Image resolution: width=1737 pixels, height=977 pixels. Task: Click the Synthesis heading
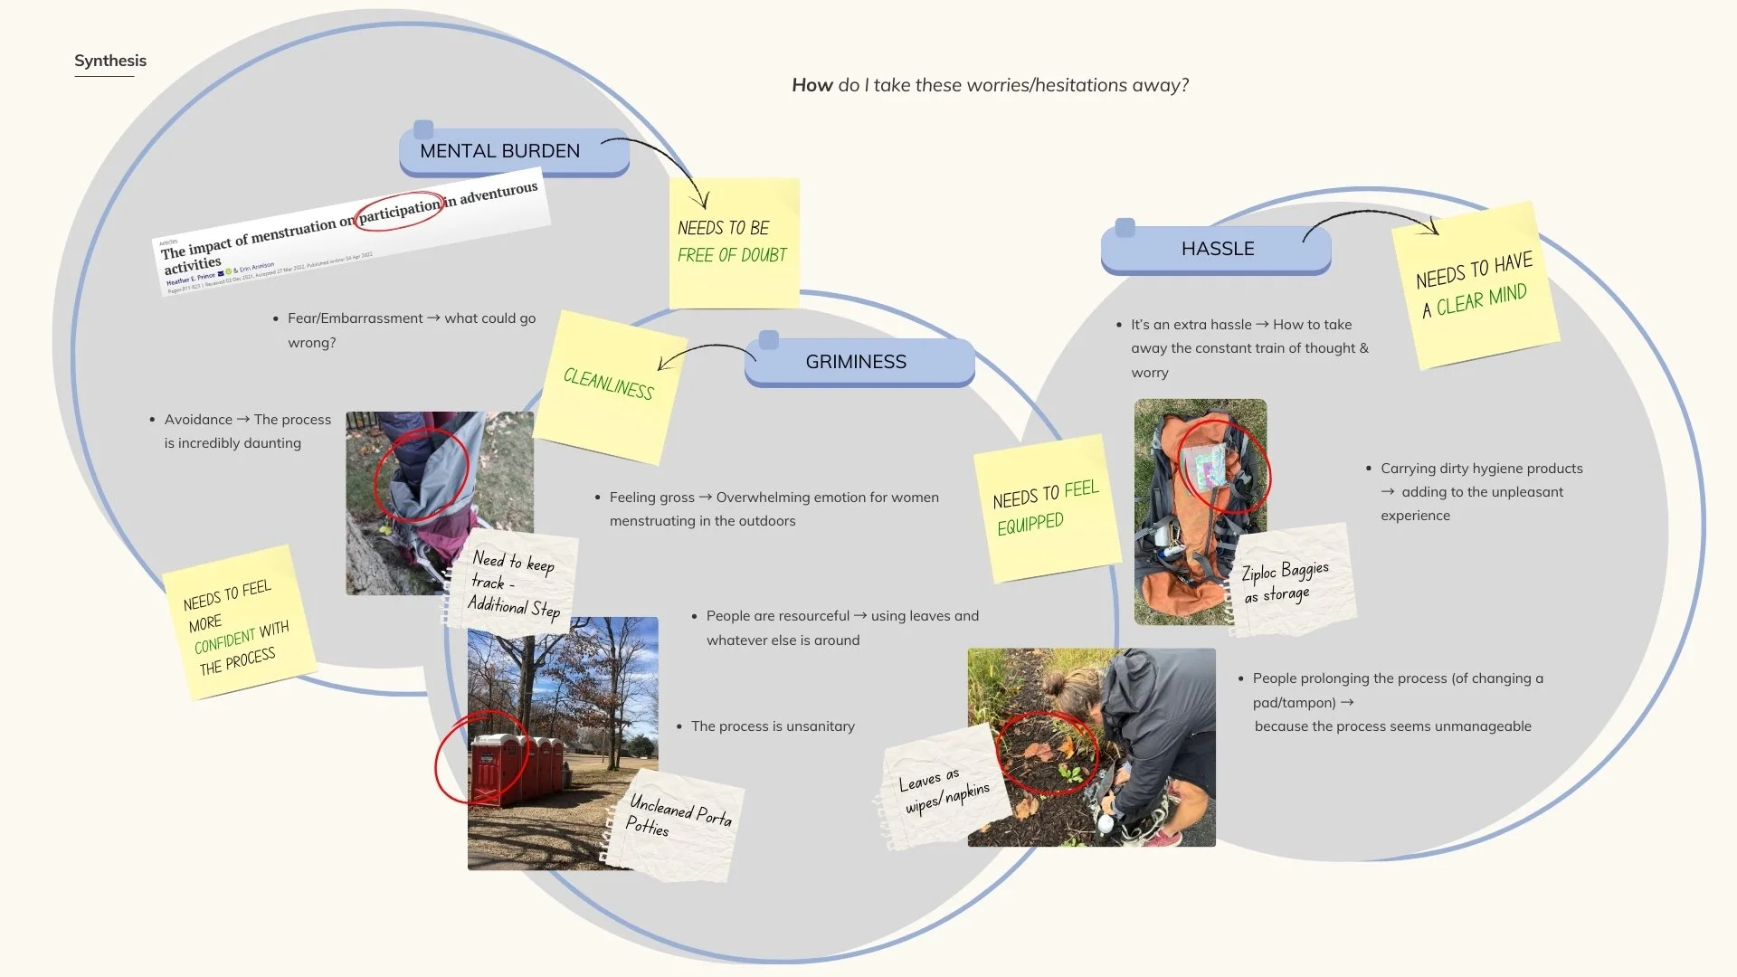click(x=110, y=61)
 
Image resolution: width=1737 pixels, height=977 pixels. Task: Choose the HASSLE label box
click(x=1217, y=249)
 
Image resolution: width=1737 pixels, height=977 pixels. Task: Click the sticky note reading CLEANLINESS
click(x=607, y=384)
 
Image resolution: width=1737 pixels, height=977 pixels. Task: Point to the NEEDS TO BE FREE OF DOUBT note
click(x=733, y=242)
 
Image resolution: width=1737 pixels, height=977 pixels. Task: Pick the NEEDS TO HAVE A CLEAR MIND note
click(x=1474, y=285)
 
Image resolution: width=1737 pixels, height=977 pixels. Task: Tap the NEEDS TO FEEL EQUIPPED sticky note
click(x=1044, y=508)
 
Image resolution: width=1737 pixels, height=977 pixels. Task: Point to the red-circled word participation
click(x=399, y=210)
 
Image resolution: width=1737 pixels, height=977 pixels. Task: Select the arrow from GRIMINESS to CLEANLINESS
click(x=706, y=352)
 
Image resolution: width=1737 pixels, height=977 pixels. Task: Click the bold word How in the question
click(x=812, y=85)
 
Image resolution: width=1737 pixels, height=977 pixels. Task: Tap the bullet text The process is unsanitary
click(x=773, y=726)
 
